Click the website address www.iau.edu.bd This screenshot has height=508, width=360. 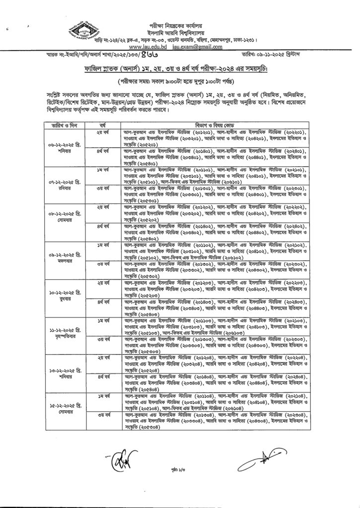[x=161, y=46]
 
